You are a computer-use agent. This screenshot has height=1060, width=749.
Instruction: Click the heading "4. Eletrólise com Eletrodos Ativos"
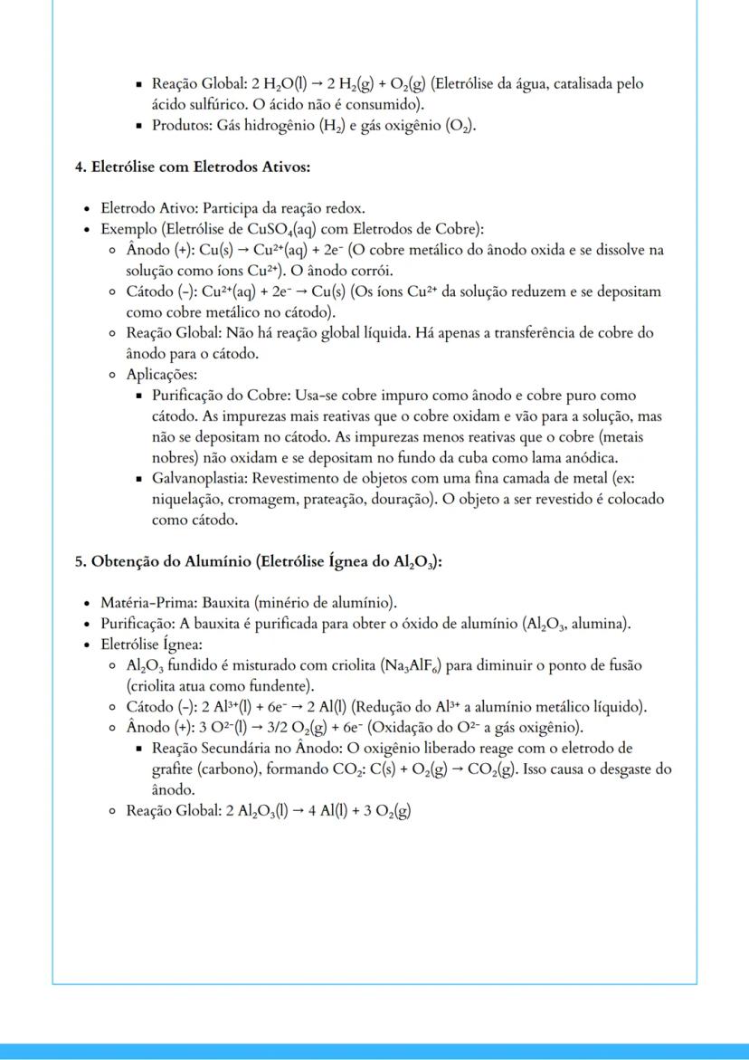click(193, 167)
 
